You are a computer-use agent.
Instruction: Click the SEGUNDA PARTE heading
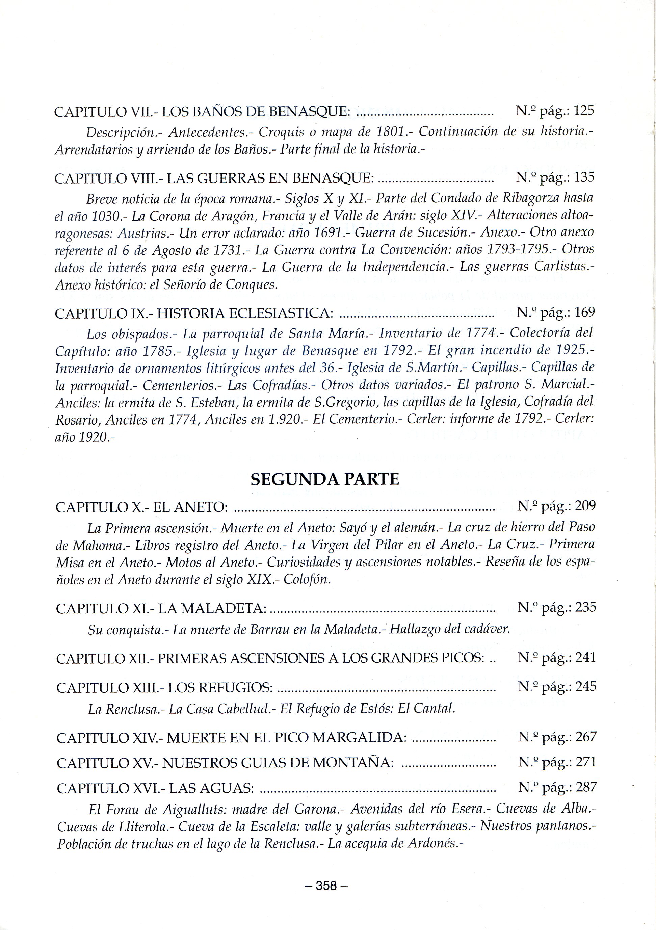[325, 479]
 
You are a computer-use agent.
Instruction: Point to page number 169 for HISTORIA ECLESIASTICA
[585, 312]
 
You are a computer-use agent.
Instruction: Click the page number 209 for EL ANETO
[585, 506]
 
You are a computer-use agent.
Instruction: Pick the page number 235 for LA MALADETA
[585, 608]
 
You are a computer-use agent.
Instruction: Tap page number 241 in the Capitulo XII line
[586, 658]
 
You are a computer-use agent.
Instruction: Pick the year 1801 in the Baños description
[395, 132]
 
